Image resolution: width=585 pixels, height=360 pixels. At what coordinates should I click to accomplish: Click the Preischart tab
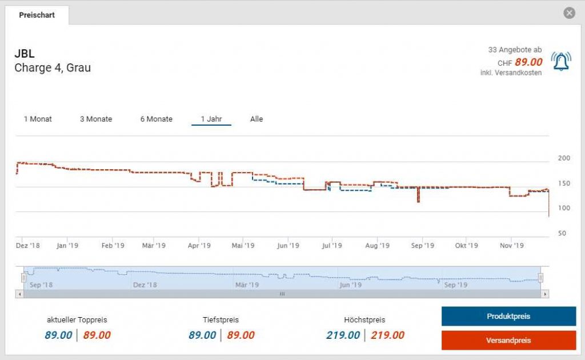(37, 15)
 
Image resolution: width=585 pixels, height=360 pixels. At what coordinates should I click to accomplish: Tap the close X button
(569, 13)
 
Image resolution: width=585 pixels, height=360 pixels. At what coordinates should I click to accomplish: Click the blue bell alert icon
(560, 61)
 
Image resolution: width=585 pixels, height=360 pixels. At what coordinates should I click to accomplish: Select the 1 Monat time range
(38, 119)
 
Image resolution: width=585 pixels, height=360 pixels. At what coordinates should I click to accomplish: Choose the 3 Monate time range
(96, 119)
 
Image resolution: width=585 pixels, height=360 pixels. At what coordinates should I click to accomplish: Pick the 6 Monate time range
(157, 119)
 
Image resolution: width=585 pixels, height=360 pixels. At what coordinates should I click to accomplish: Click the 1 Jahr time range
(211, 119)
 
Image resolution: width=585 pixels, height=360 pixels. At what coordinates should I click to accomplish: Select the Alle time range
(257, 119)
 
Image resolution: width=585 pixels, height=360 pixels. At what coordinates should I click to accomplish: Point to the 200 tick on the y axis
(564, 158)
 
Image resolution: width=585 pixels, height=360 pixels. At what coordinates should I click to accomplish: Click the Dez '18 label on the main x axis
(28, 246)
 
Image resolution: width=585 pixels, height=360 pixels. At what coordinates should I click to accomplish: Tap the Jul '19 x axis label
(332, 246)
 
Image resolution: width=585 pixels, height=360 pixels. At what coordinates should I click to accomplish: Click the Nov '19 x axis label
(512, 246)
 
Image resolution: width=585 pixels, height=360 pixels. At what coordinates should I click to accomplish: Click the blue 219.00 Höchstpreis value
(343, 335)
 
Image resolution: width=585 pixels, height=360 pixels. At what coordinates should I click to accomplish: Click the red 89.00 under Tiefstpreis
(241, 335)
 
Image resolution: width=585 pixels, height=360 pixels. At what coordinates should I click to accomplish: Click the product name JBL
(25, 54)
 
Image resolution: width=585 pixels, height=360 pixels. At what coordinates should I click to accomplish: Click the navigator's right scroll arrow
(545, 294)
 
